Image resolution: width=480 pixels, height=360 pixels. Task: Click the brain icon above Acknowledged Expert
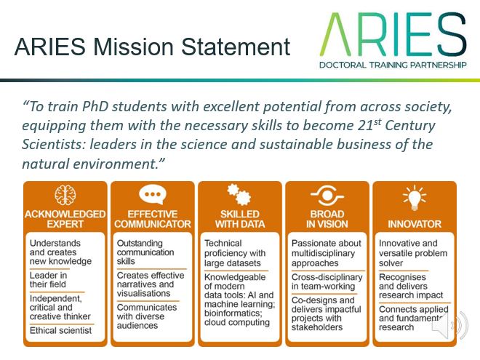(65, 195)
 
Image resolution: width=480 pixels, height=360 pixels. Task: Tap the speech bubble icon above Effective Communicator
(153, 195)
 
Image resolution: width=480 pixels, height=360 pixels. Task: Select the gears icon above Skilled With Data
(239, 194)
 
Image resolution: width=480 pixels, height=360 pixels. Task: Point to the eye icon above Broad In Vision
(327, 195)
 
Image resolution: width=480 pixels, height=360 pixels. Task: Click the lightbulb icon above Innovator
(415, 197)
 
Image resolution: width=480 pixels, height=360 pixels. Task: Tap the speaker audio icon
(450, 325)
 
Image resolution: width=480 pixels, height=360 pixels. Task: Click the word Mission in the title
(134, 47)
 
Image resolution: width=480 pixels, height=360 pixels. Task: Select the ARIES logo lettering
(393, 34)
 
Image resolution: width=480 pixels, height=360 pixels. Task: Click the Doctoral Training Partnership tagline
(393, 65)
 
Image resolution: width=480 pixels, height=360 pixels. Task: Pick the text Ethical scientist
(60, 331)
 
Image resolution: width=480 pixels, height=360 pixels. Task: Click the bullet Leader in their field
(49, 280)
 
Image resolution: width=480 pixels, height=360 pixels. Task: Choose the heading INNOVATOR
(415, 224)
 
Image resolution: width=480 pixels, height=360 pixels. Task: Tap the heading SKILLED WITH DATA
(240, 219)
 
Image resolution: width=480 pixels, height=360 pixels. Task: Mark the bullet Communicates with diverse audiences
(147, 316)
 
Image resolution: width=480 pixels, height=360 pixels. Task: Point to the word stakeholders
(317, 327)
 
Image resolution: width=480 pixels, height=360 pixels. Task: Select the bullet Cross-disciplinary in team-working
(327, 281)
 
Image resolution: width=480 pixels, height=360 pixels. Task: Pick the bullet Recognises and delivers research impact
(411, 287)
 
